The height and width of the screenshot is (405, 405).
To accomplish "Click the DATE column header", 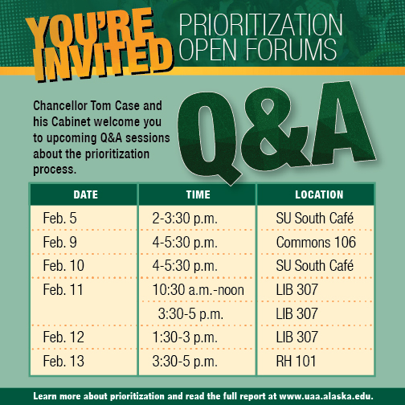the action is (x=86, y=194).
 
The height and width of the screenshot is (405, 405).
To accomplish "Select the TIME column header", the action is (x=198, y=194).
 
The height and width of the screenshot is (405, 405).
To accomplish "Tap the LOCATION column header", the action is (x=319, y=194).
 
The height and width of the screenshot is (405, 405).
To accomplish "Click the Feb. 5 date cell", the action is (x=59, y=218).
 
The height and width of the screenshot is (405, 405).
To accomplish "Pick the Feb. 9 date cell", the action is (x=59, y=242).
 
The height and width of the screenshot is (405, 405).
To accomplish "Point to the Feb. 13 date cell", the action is (x=63, y=361).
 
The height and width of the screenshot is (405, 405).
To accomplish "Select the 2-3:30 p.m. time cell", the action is (x=185, y=219).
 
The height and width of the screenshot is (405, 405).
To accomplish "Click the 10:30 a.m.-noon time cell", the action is (x=198, y=290).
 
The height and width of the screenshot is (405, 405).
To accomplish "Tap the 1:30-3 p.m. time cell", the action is (x=185, y=337).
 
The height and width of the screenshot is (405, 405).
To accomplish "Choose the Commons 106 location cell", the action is (x=316, y=242).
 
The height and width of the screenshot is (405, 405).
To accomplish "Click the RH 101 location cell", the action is (x=296, y=361).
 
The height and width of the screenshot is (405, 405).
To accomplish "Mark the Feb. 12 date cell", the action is (x=63, y=337).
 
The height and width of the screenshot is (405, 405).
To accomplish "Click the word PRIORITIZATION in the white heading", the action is (x=260, y=25).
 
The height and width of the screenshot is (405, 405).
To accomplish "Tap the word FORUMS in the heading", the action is (x=291, y=49).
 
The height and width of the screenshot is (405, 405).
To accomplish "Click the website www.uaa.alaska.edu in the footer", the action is (x=326, y=396).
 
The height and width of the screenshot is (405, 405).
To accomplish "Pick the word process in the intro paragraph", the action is (x=55, y=170).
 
